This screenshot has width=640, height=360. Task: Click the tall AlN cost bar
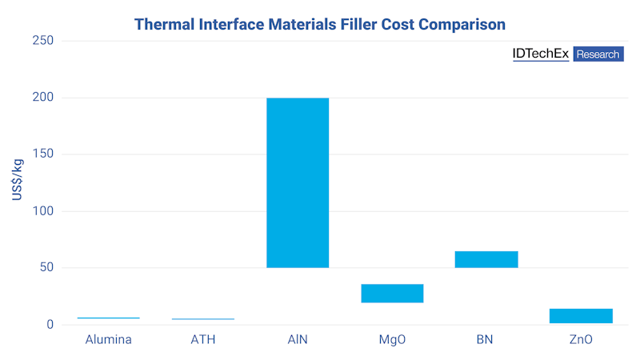pyautogui.click(x=298, y=182)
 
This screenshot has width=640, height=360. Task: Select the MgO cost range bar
pyautogui.click(x=392, y=294)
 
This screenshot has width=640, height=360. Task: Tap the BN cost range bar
pyautogui.click(x=486, y=259)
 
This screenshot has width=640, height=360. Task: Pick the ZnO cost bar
pyautogui.click(x=581, y=316)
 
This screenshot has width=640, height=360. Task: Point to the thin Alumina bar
pyautogui.click(x=109, y=318)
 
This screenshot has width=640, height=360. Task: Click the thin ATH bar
pyautogui.click(x=203, y=319)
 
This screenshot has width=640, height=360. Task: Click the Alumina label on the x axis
pyautogui.click(x=109, y=339)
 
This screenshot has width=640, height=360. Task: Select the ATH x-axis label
pyautogui.click(x=203, y=339)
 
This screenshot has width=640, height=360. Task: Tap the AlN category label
pyautogui.click(x=298, y=339)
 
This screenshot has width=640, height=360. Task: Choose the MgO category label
pyautogui.click(x=392, y=339)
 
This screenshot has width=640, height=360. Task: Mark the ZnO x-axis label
pyautogui.click(x=581, y=339)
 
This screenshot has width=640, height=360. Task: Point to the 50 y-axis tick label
pyautogui.click(x=46, y=268)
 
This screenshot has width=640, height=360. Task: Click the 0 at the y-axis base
pyautogui.click(x=50, y=325)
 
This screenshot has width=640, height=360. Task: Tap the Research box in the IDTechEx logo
pyautogui.click(x=598, y=54)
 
